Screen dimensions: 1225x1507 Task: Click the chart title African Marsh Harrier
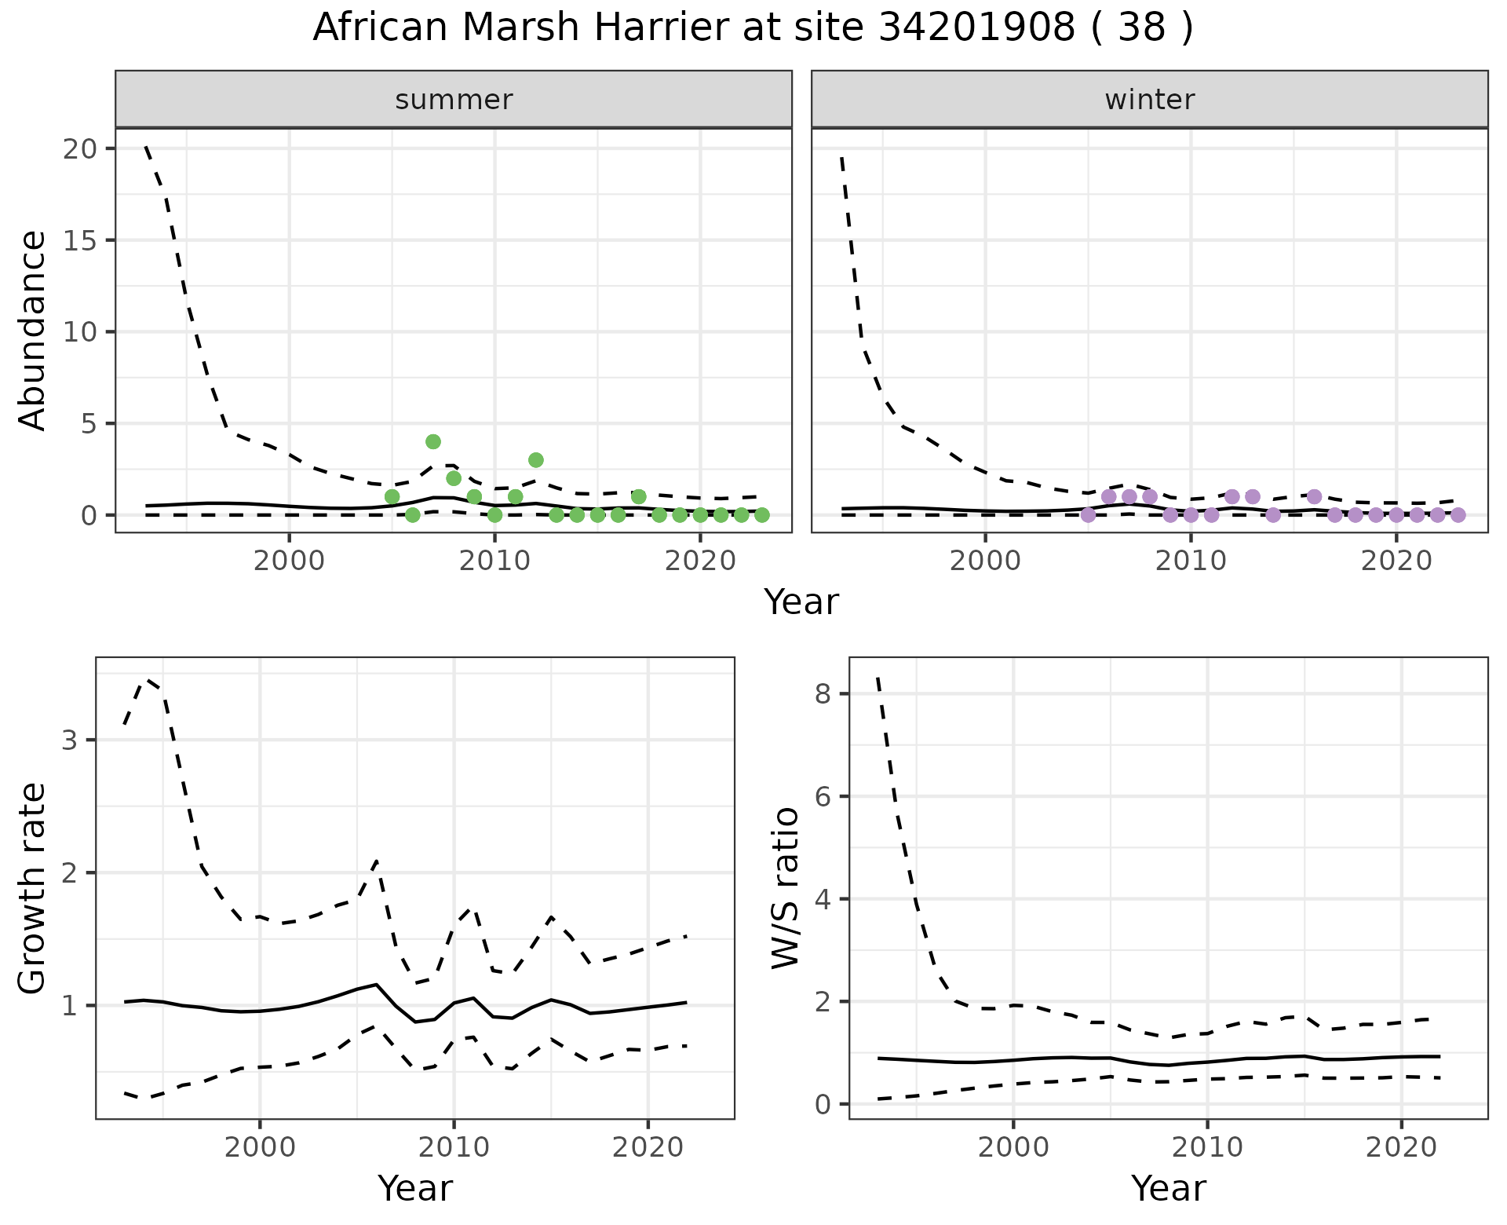(752, 29)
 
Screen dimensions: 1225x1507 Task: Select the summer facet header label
(454, 100)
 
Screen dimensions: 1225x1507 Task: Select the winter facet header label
(1149, 100)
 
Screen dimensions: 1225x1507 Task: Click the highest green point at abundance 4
(433, 442)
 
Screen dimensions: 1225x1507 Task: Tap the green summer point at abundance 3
(536, 460)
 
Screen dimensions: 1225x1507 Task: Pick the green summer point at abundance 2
(454, 478)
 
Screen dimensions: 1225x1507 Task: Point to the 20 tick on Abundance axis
(76, 149)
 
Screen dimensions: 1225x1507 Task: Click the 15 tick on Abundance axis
(76, 240)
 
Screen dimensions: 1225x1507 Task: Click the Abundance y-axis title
(33, 331)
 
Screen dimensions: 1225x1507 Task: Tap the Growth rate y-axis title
(33, 888)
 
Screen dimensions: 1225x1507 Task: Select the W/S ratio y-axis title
(785, 888)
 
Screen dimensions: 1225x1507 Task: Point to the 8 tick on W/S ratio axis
(822, 694)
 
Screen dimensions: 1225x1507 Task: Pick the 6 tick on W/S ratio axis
(822, 796)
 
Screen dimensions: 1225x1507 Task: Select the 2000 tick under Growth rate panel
(260, 1147)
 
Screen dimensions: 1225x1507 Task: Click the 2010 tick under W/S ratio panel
(1207, 1147)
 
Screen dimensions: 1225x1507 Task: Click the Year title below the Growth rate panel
(415, 1189)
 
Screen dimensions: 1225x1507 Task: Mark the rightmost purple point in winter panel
(1458, 515)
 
